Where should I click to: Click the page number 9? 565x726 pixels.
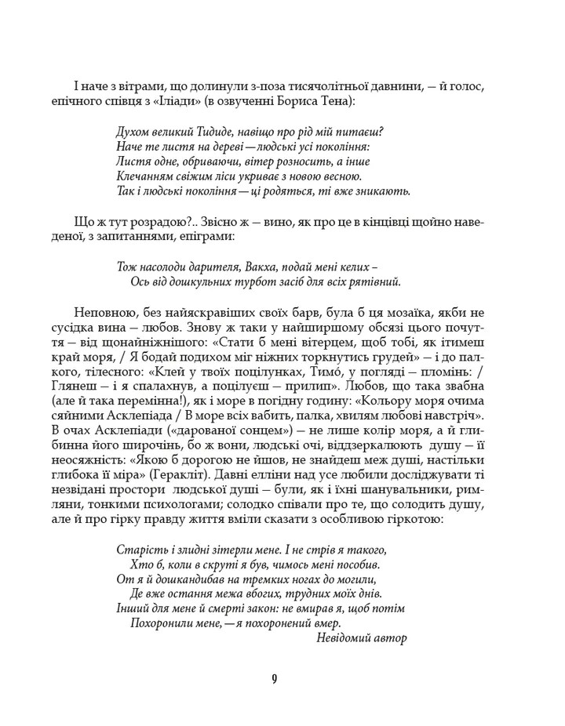pos(275,679)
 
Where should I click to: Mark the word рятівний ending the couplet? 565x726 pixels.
pos(379,281)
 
